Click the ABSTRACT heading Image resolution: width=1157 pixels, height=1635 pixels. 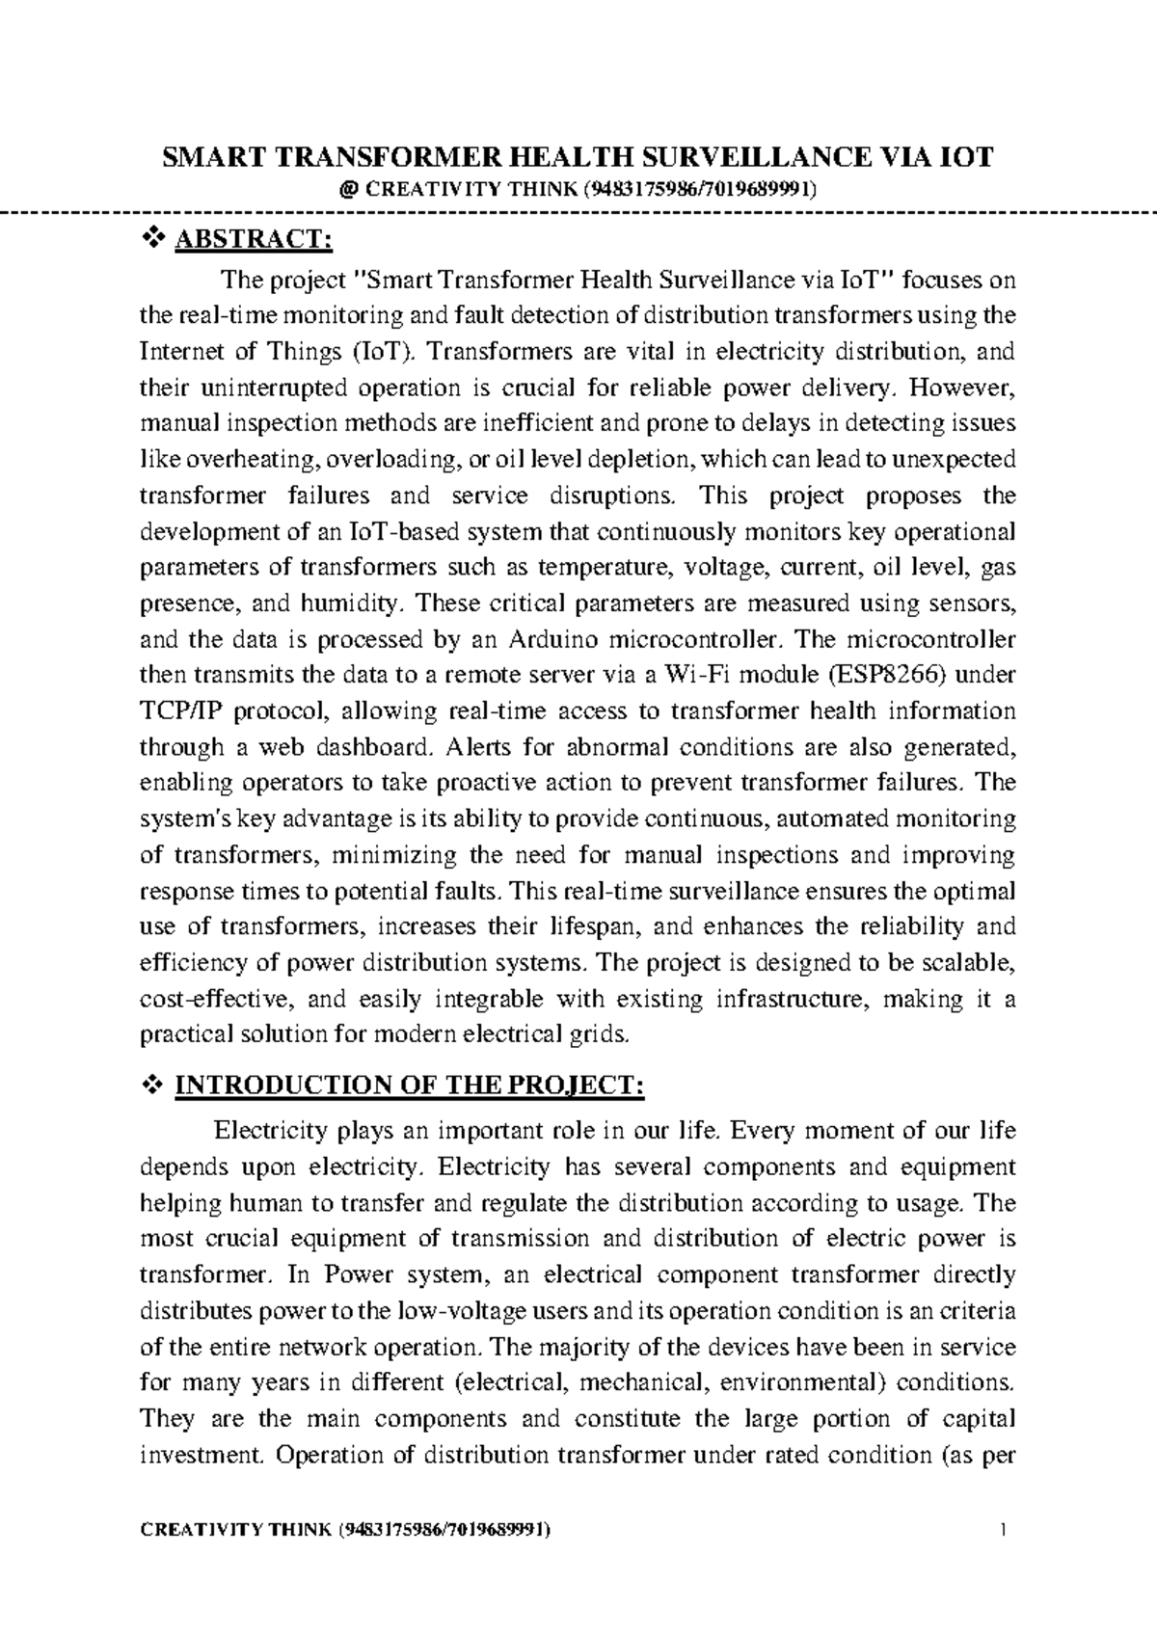click(x=253, y=239)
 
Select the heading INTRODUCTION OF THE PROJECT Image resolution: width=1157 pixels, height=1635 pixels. click(x=408, y=1086)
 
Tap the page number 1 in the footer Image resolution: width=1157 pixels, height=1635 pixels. click(x=1005, y=1529)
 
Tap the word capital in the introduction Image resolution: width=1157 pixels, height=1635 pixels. click(x=981, y=1419)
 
